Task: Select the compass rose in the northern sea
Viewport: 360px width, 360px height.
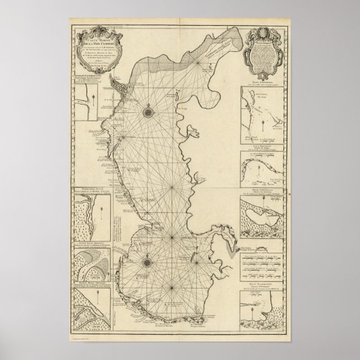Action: [149, 111]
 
